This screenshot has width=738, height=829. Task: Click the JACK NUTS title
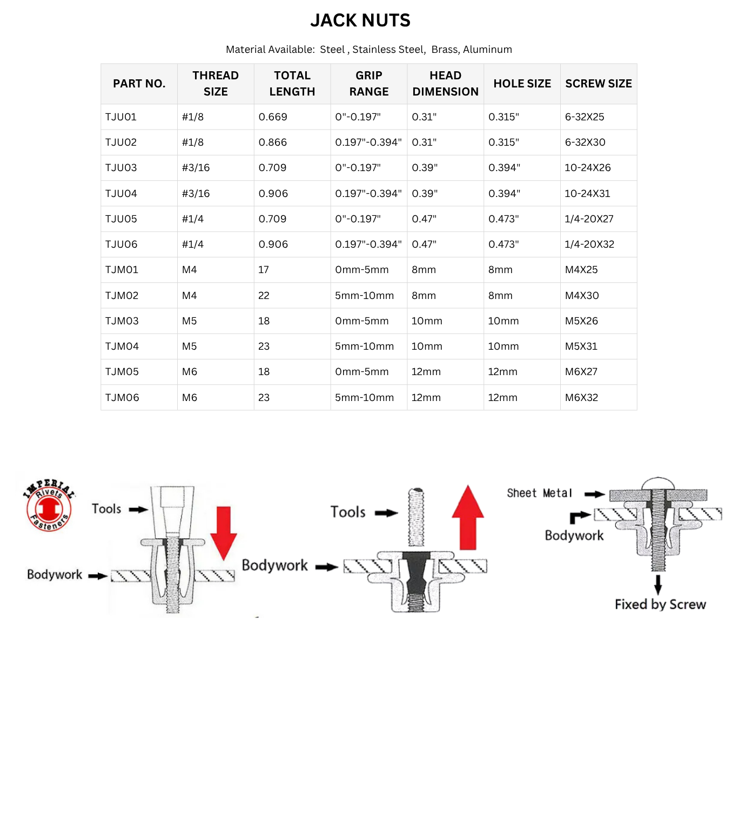[x=360, y=21]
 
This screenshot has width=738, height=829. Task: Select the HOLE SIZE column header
[x=522, y=84]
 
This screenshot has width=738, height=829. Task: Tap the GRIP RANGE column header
[x=368, y=84]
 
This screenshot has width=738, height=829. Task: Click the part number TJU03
[x=121, y=168]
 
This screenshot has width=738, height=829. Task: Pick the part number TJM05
[x=122, y=372]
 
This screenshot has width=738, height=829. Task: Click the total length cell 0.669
[x=273, y=117]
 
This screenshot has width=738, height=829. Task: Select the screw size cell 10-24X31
[x=587, y=193]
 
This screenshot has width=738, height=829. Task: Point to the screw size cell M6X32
[x=581, y=398]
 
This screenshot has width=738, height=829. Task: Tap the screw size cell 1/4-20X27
[x=589, y=219]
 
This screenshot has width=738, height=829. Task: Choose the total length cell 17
[x=264, y=270]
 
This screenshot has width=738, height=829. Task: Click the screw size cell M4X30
[x=582, y=296]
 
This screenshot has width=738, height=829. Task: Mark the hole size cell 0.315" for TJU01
[x=504, y=117]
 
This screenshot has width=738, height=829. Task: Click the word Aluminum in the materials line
[x=487, y=50]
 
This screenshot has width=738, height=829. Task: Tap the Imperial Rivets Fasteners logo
[x=49, y=506]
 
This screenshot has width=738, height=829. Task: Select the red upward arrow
[x=468, y=517]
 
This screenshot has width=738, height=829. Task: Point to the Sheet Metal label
[x=539, y=493]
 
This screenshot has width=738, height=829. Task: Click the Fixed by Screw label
[x=660, y=604]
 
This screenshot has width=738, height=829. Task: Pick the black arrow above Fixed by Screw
[x=658, y=585]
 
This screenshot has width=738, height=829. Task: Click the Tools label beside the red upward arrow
[x=348, y=512]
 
